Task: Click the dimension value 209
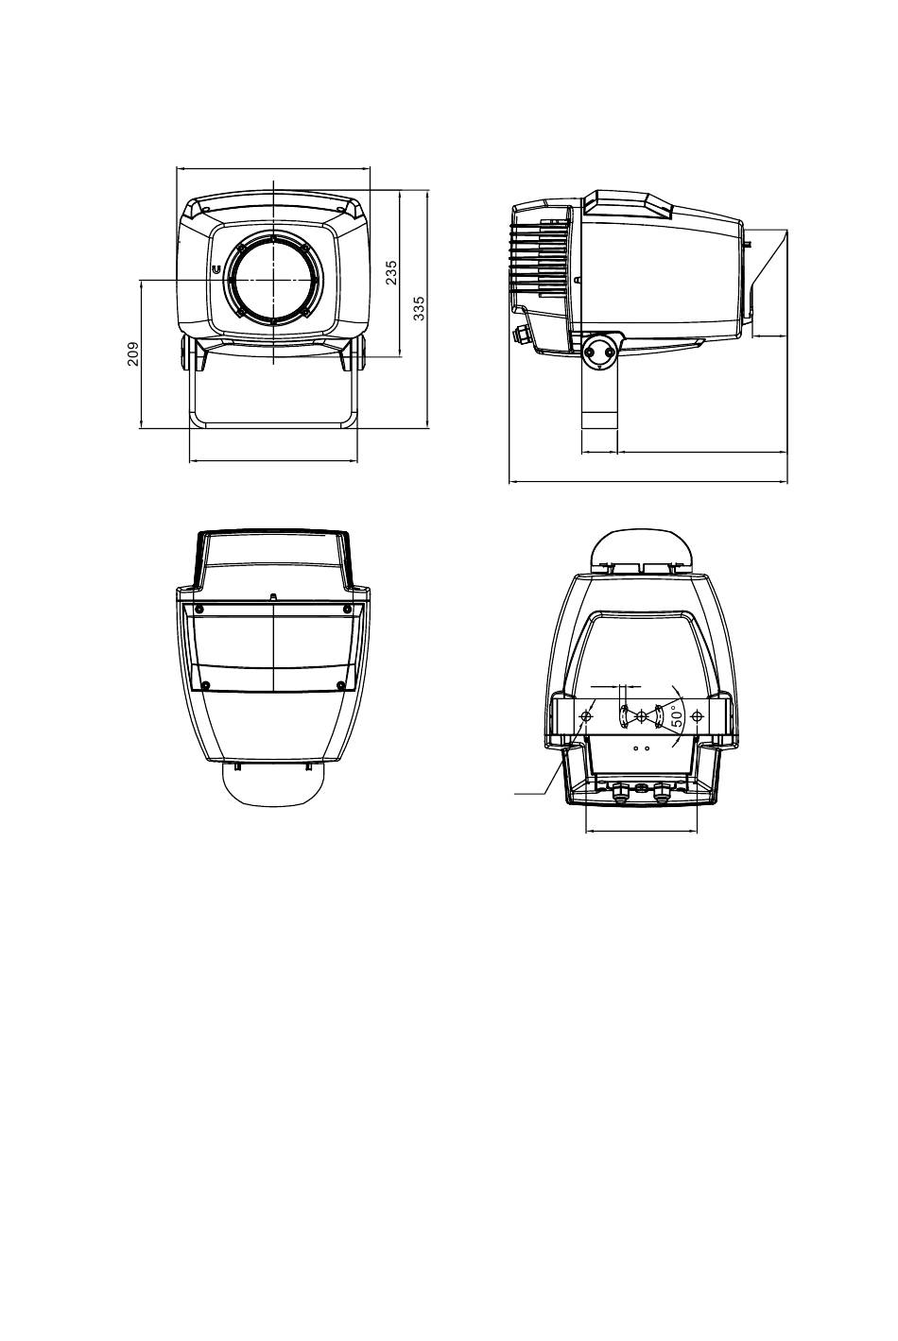133,353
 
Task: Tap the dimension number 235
391,272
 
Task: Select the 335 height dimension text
420,308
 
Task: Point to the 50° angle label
677,716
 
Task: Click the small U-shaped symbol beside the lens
216,270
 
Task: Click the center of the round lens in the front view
273,280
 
